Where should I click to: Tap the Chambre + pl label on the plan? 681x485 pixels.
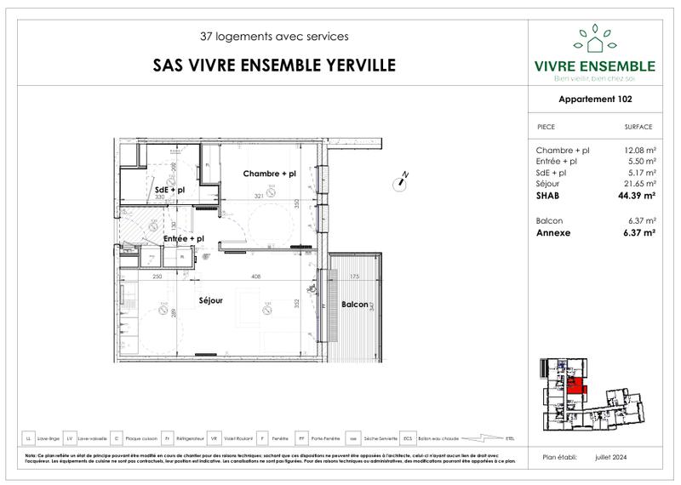pos(269,174)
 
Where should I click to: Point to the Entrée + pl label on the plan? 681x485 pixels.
pos(183,239)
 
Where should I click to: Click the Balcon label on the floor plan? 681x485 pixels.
pos(354,304)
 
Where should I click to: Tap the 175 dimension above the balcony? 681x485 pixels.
pos(352,277)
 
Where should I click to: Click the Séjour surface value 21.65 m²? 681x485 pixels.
pos(639,183)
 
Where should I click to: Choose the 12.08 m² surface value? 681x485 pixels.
pos(639,150)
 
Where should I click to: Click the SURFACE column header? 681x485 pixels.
pos(638,127)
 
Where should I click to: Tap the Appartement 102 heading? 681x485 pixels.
pos(595,99)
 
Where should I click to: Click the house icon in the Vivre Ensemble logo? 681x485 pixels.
pos(593,39)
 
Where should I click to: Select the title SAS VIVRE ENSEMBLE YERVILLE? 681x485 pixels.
pos(272,66)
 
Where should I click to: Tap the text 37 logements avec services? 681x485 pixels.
pos(273,37)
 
